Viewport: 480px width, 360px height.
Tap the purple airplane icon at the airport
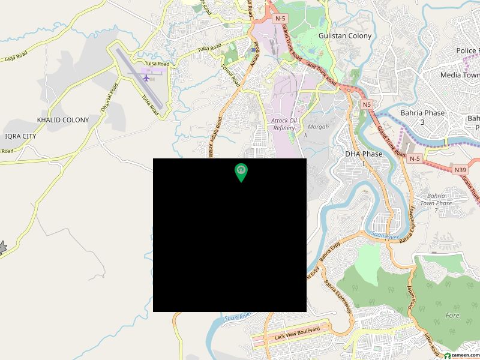tap(146, 77)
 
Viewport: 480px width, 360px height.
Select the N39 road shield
tap(460, 170)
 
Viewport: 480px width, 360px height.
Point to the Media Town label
tap(459, 75)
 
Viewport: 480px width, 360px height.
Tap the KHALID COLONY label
tap(63, 120)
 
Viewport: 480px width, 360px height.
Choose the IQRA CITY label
tap(20, 136)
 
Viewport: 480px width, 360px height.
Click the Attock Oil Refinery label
tap(284, 124)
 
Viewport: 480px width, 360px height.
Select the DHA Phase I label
tap(364, 158)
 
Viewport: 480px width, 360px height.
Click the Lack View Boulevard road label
tap(288, 332)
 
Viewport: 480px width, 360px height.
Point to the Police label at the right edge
tap(467, 51)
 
